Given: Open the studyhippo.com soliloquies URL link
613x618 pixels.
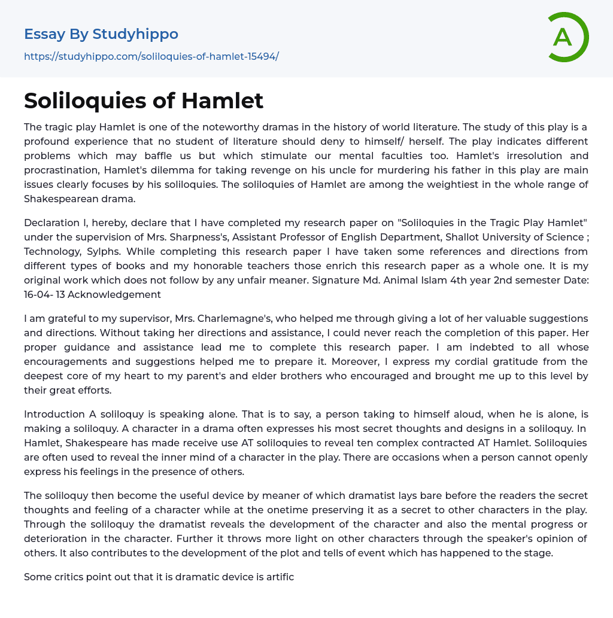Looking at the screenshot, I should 151,56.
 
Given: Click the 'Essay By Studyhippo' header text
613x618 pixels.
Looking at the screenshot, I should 101,34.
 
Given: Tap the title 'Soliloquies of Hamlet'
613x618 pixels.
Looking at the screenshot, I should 144,101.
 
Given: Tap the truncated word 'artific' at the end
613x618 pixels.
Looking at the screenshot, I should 278,577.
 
